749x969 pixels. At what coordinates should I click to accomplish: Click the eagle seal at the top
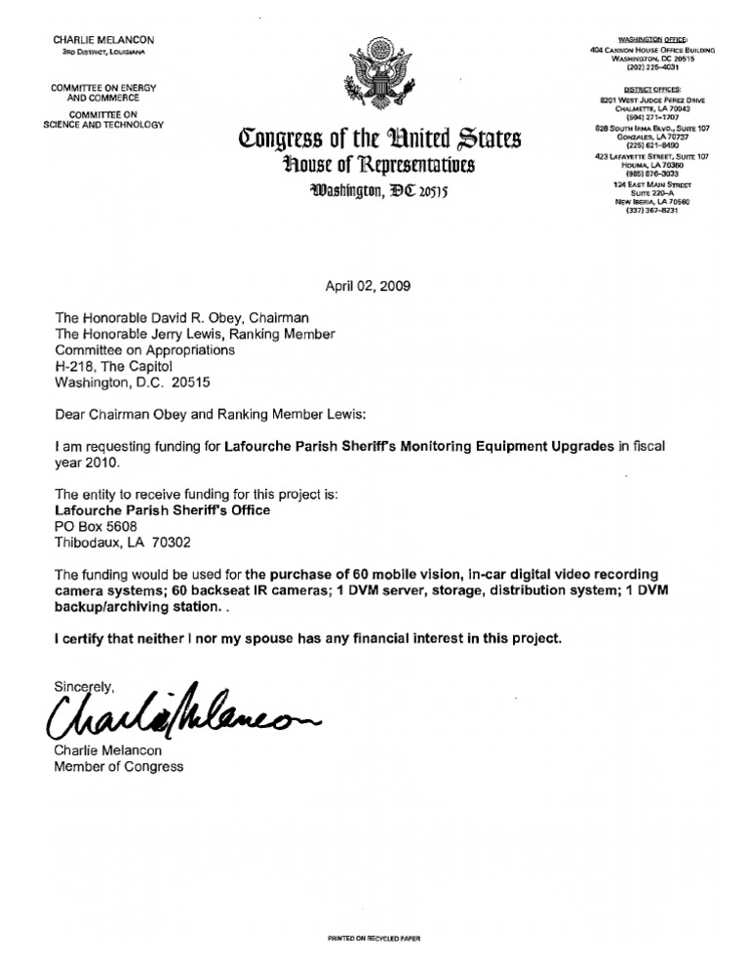pos(374,73)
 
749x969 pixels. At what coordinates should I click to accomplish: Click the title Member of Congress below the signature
pos(118,766)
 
